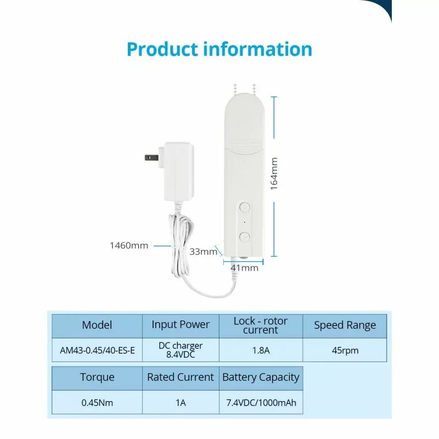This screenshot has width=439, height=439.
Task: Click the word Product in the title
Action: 162,49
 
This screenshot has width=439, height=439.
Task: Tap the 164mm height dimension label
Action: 274,174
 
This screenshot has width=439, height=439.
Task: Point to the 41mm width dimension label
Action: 244,268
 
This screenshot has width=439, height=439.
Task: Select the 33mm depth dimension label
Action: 203,252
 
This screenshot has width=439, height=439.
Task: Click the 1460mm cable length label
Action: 129,245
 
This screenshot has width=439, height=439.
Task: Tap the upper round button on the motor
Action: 245,207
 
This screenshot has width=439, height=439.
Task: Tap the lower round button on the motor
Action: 245,237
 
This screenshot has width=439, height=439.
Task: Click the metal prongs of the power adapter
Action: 152,157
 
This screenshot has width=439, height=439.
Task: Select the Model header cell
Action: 97,325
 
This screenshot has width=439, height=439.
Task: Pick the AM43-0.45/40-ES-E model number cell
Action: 97,350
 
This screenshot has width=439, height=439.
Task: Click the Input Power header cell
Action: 181,325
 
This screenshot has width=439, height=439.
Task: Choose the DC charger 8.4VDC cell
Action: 181,350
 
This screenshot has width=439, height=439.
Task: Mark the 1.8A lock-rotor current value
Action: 261,350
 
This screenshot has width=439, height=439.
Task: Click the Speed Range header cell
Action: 345,325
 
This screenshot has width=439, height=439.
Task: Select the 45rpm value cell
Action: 345,350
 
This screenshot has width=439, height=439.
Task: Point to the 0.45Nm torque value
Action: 97,403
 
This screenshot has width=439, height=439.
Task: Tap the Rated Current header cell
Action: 181,378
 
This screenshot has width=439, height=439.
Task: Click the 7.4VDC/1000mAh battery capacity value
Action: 261,403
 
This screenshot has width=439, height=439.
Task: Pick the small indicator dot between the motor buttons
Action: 245,222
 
